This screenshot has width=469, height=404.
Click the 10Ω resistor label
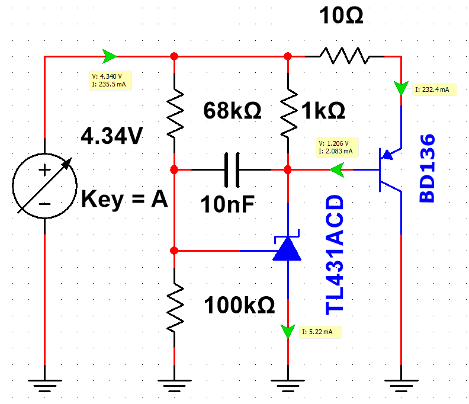[x=341, y=15]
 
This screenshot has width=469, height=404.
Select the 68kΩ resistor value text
[x=232, y=110]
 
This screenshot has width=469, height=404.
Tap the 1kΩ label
[x=323, y=111]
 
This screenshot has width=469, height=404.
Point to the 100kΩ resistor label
[x=239, y=305]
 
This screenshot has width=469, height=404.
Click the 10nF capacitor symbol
[x=232, y=170]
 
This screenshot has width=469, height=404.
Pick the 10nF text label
[x=227, y=204]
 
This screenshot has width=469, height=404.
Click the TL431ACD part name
[x=335, y=255]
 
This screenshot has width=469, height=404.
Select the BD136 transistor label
[x=427, y=168]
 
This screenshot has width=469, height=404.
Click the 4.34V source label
[x=112, y=136]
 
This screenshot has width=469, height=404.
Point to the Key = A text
[x=124, y=199]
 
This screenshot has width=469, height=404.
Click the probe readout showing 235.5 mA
[x=110, y=80]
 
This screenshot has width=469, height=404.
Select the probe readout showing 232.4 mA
[x=434, y=89]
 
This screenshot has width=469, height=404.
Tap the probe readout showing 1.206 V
[x=337, y=148]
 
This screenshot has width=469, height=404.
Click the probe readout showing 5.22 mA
[x=320, y=332]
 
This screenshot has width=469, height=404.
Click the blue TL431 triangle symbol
[x=287, y=248]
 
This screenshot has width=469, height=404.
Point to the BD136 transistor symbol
[x=389, y=169]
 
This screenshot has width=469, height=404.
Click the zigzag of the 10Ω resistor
[x=345, y=56]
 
